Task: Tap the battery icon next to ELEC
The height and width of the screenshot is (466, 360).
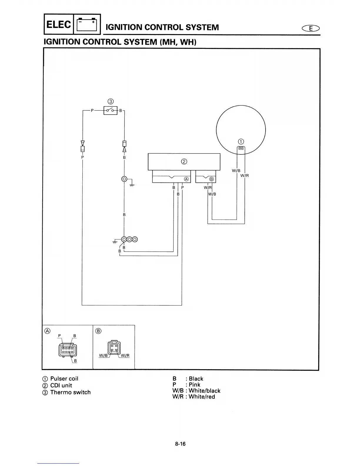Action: click(x=86, y=25)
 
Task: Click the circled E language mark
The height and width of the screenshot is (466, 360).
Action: click(x=310, y=29)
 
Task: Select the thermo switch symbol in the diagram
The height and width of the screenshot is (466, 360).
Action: click(x=110, y=111)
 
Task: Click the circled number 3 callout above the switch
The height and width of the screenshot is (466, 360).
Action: click(x=111, y=101)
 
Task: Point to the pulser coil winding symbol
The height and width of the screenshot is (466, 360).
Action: click(x=241, y=149)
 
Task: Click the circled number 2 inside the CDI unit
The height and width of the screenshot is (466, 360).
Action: click(x=184, y=162)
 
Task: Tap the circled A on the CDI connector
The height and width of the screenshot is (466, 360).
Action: click(x=186, y=179)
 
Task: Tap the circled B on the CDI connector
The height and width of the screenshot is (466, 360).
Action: click(x=211, y=179)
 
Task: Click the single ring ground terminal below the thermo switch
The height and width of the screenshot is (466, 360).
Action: click(x=124, y=179)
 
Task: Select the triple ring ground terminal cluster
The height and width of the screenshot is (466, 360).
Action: click(x=129, y=239)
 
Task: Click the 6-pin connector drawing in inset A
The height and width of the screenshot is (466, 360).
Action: click(x=68, y=350)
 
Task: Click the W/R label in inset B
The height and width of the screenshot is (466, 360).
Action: click(x=125, y=355)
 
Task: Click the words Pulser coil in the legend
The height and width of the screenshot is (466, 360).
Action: click(x=64, y=379)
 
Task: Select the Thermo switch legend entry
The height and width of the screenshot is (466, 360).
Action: click(x=70, y=392)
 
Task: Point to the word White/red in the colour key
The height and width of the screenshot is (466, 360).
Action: click(x=202, y=397)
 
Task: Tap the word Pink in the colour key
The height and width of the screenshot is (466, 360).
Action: click(x=194, y=385)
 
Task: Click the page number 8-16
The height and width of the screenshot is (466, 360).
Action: click(x=180, y=444)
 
